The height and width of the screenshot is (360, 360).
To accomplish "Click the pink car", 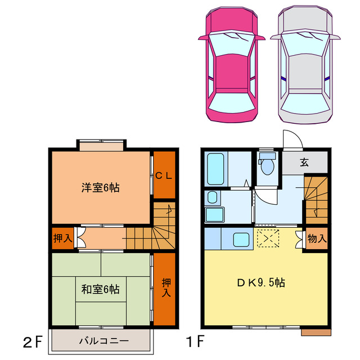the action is tap(232, 64).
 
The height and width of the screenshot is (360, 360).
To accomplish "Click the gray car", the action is tap(305, 64).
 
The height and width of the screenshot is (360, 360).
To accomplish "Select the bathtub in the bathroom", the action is tap(215, 169).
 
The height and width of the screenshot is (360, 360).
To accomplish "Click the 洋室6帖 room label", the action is tap(100, 188).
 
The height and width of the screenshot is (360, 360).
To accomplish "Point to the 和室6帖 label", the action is tap(100, 289).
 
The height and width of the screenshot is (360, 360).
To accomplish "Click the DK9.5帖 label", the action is tap(261, 282).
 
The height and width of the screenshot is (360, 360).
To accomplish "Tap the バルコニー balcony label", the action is tap(103, 341).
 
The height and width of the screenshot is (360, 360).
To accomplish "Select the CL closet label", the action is tap(164, 176).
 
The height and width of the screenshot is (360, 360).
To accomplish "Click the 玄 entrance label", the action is tap(304, 163).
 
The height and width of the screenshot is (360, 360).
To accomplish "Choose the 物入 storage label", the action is tap(317, 238).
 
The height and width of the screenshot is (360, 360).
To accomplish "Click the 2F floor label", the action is tap(33, 341).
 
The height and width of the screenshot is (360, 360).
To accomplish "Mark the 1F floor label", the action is tap(195, 341).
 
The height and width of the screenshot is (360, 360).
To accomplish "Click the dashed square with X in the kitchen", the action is tap(268, 238).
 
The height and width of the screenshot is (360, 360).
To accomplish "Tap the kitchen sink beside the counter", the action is tap(241, 239).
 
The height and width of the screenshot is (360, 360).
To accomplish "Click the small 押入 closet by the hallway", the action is tap(62, 238).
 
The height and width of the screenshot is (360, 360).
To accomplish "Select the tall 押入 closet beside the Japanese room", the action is tap(164, 289).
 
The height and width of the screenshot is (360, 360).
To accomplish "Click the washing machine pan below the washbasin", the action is tap(214, 215).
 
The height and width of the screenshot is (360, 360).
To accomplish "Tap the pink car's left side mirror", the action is tap(204, 38).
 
